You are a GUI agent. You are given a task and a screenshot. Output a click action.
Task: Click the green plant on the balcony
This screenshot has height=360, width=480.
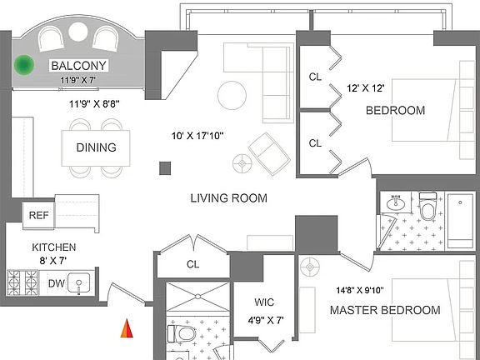(x=24, y=65)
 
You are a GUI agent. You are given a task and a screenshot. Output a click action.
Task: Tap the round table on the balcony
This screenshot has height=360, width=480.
(x=78, y=32)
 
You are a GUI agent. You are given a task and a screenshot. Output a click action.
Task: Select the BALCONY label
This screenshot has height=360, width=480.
(x=78, y=66)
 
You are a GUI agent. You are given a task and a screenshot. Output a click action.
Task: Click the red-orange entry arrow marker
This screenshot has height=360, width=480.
(x=127, y=328)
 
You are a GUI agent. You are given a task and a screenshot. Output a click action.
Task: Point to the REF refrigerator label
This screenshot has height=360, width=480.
(x=39, y=215)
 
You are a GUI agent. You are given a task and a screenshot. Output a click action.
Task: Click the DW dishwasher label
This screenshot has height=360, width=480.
(x=57, y=283)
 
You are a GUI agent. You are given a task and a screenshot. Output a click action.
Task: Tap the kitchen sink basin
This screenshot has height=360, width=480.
(x=79, y=283)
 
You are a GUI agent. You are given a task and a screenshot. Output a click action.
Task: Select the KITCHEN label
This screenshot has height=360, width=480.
(x=54, y=247)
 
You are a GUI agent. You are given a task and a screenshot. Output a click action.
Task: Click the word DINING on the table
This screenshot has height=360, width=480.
(x=96, y=147)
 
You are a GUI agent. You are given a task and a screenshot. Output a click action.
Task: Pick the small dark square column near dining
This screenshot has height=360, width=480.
(x=165, y=168)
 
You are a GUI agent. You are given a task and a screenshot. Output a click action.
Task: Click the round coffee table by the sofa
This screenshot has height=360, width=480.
(x=232, y=95)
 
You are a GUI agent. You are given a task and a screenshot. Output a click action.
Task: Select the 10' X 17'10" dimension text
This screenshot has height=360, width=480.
(x=197, y=135)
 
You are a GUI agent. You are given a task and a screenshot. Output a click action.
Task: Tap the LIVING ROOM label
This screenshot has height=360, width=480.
(x=228, y=198)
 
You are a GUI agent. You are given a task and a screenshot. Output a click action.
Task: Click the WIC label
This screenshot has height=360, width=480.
(x=264, y=302)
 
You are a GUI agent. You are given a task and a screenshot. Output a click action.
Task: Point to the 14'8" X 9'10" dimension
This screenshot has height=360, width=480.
(x=360, y=290)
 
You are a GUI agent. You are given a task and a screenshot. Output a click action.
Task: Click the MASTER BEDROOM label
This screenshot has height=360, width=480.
(x=385, y=310)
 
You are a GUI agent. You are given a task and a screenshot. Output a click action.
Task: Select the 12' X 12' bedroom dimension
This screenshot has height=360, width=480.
(x=366, y=88)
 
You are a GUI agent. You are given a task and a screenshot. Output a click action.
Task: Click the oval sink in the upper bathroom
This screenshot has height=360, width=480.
(x=396, y=202)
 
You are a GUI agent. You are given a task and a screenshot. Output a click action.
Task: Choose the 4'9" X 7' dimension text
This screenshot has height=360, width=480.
(x=266, y=321)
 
